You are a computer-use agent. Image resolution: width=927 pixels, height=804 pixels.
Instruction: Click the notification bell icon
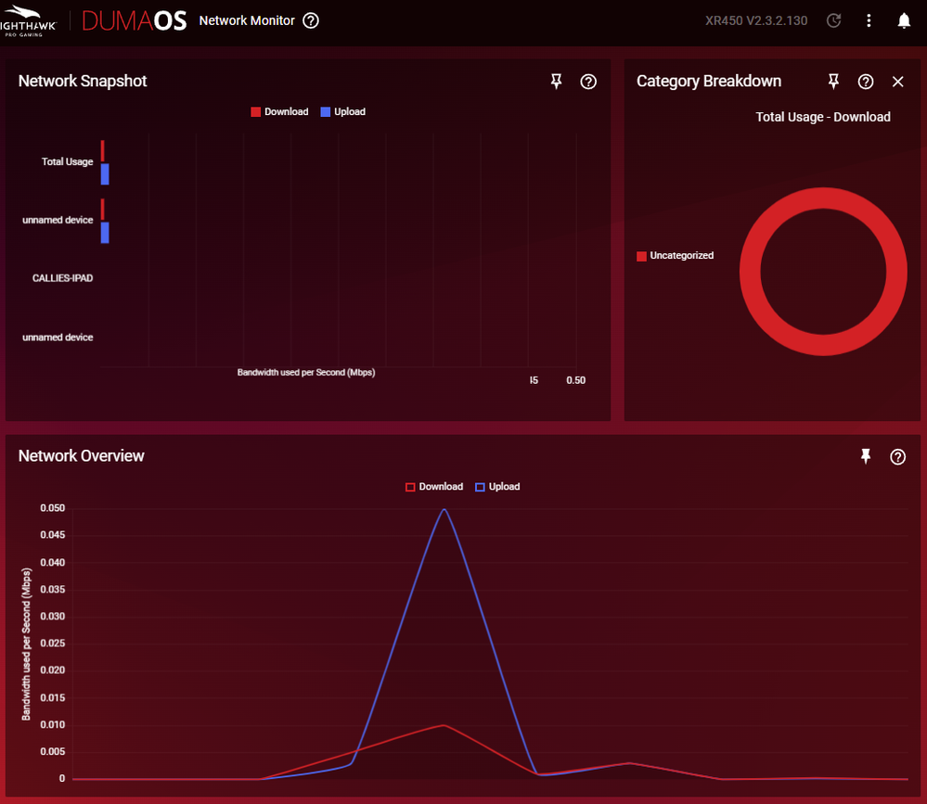tap(904, 20)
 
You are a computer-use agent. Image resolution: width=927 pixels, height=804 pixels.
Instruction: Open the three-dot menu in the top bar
tap(869, 20)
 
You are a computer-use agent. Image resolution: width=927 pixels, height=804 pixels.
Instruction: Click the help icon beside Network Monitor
tap(311, 20)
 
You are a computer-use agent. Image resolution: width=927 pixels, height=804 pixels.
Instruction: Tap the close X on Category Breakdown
tap(897, 82)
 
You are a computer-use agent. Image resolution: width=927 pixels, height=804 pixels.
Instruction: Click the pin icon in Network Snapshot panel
tap(557, 82)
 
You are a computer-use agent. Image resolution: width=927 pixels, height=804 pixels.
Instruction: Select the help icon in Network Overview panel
tap(897, 456)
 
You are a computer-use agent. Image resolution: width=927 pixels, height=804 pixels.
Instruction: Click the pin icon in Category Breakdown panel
tap(833, 82)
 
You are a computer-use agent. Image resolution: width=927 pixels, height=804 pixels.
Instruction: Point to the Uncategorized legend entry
tap(675, 255)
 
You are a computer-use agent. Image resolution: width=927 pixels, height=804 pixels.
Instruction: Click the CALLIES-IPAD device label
tap(62, 278)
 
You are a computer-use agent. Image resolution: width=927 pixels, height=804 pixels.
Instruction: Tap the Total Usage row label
tap(67, 161)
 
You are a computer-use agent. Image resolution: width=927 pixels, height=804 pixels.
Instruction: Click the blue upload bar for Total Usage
tap(105, 173)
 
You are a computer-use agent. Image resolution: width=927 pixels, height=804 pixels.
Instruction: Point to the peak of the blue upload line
tap(444, 509)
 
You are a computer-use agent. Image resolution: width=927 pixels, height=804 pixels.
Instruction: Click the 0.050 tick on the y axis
tap(52, 508)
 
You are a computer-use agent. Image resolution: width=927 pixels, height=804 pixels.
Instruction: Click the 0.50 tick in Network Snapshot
tap(576, 380)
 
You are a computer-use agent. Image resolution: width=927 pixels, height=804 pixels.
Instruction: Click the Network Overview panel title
tap(82, 455)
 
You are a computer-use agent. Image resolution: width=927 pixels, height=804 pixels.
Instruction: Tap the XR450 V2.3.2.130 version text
tap(756, 20)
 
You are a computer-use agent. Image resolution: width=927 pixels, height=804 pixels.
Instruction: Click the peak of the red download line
tap(444, 725)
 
